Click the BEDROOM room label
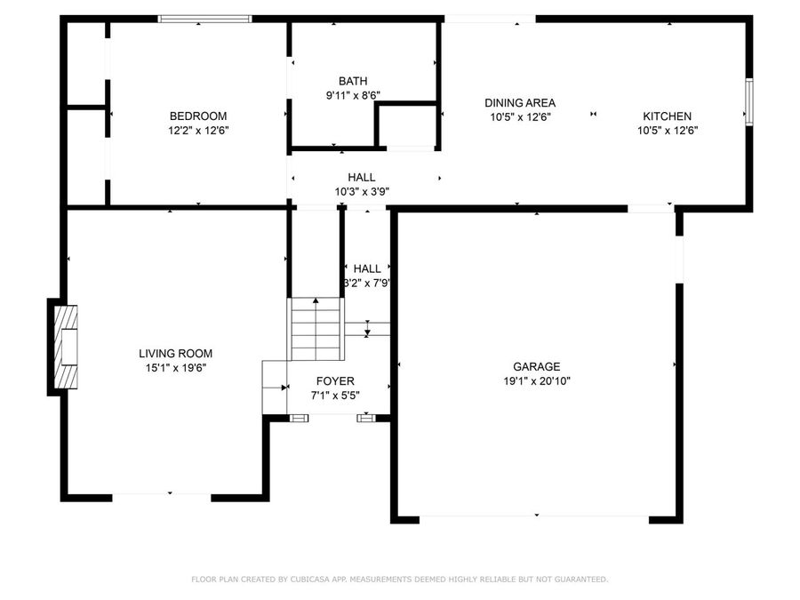pos(197,116)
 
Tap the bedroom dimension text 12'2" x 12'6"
pos(197,130)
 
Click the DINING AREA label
pos(520,102)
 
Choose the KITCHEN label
pos(667,116)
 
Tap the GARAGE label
pos(536,366)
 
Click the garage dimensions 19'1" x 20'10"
pos(536,380)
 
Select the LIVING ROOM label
pos(175,353)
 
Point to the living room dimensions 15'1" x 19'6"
pos(175,367)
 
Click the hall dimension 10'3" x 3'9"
pos(362,191)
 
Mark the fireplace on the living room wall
pos(64,347)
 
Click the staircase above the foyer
pos(316,328)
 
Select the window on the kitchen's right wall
pos(748,102)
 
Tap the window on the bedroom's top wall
pos(204,18)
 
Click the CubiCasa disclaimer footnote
pos(400,580)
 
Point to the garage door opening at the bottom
pos(535,517)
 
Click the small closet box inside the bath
pos(406,125)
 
